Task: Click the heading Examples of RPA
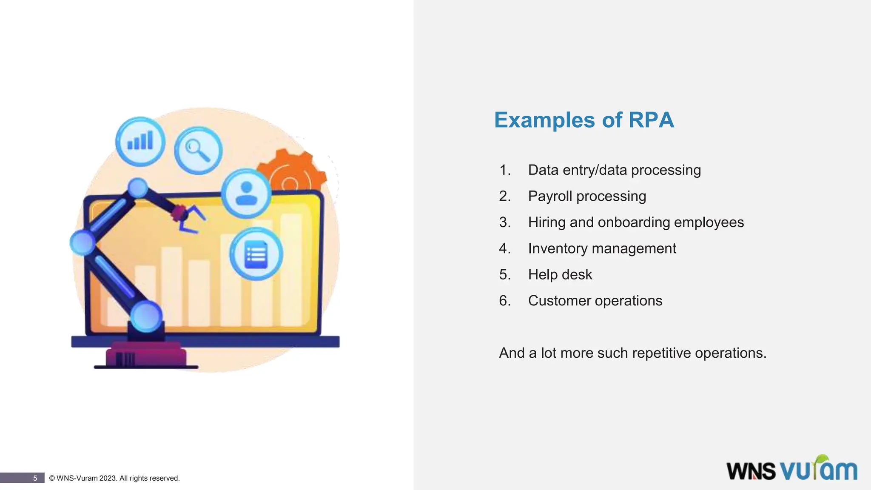point(584,120)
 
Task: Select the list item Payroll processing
point(587,196)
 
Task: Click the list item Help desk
point(560,275)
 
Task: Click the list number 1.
point(504,170)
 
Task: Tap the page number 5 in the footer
point(35,478)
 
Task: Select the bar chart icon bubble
point(140,141)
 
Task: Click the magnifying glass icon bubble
point(198,150)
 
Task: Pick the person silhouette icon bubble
point(246,194)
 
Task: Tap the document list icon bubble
point(256,254)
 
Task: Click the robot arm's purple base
point(146,355)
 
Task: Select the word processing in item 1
point(666,170)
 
